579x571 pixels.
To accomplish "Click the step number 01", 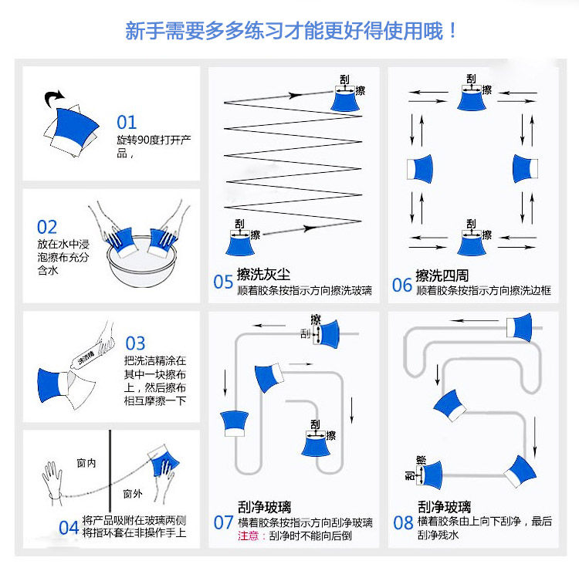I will pyautogui.click(x=127, y=122).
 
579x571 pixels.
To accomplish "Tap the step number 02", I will pyautogui.click(x=47, y=227).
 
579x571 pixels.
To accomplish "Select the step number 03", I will pyautogui.click(x=135, y=343).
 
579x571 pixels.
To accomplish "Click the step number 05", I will pyautogui.click(x=223, y=282).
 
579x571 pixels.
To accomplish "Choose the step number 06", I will pyautogui.click(x=402, y=285).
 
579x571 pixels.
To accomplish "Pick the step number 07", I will pyautogui.click(x=223, y=522).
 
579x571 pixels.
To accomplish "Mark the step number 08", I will pyautogui.click(x=404, y=522).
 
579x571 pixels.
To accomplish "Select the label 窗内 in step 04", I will pyautogui.click(x=86, y=463).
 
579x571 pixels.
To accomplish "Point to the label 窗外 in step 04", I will pyautogui.click(x=133, y=494).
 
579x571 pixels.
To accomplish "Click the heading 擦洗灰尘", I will pyautogui.click(x=264, y=275).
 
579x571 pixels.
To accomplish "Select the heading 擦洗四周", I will pyautogui.click(x=442, y=275).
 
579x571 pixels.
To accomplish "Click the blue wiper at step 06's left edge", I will pyautogui.click(x=420, y=167).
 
